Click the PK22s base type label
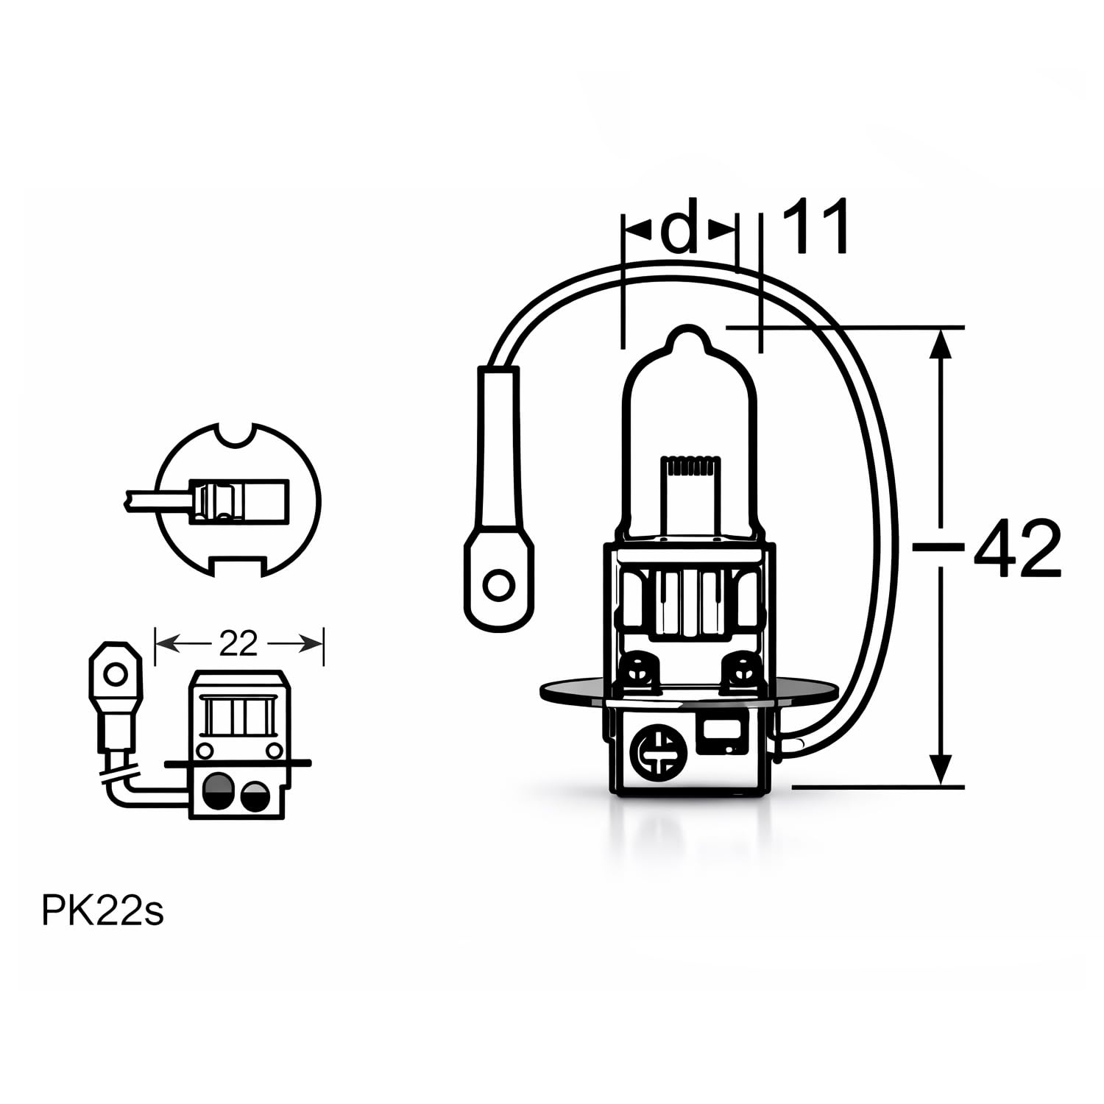pos(102,911)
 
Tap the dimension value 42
pos(1017,549)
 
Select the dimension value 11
pos(815,226)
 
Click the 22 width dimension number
pos(238,644)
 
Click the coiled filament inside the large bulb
pos(690,466)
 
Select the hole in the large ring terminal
pos(498,586)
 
